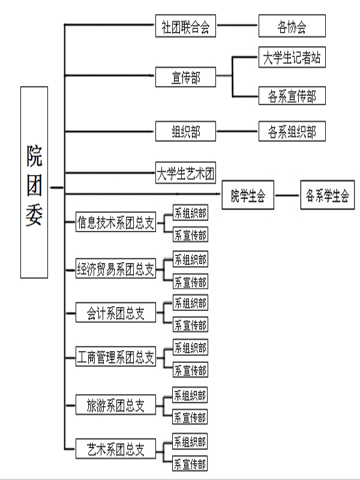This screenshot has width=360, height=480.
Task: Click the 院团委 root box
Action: [x=34, y=182]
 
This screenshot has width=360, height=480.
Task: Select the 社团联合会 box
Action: [x=185, y=27]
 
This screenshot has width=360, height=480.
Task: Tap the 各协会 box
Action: [x=292, y=27]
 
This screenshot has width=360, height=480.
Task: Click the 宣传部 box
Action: [x=185, y=77]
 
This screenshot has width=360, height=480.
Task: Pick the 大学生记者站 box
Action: [x=292, y=58]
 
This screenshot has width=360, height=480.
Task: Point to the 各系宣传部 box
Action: [x=292, y=95]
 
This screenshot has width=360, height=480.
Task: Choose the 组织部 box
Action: [x=185, y=131]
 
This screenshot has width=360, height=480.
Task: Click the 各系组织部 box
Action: [x=292, y=131]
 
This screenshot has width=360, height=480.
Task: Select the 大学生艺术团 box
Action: [x=185, y=174]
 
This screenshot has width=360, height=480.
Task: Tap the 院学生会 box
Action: [x=248, y=195]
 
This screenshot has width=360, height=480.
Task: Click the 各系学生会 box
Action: [x=327, y=195]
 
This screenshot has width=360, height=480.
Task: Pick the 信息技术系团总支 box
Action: [x=116, y=223]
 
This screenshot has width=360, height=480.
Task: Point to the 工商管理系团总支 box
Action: [x=116, y=358]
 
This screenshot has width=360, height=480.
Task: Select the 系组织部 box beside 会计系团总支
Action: [x=190, y=302]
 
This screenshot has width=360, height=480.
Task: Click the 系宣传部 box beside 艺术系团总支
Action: [x=190, y=463]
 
